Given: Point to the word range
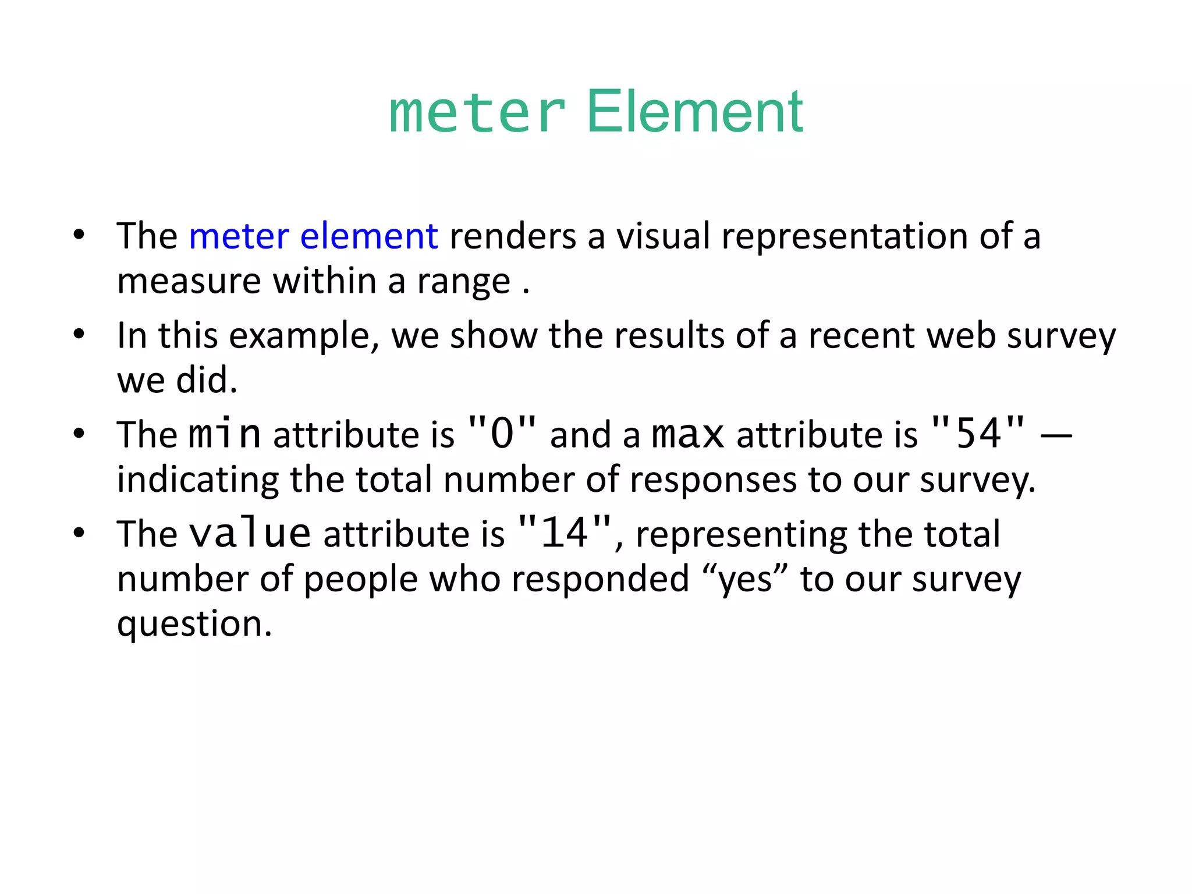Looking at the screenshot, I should point(463,281).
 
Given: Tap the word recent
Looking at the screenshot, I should point(861,336).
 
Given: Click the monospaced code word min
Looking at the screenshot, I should point(225,434).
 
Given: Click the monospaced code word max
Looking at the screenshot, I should point(688,434).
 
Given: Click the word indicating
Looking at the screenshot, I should point(197,480).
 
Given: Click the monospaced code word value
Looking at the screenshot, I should point(250,533).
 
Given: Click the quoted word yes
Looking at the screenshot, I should point(746,580).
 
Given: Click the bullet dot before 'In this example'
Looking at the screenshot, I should point(79,335).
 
